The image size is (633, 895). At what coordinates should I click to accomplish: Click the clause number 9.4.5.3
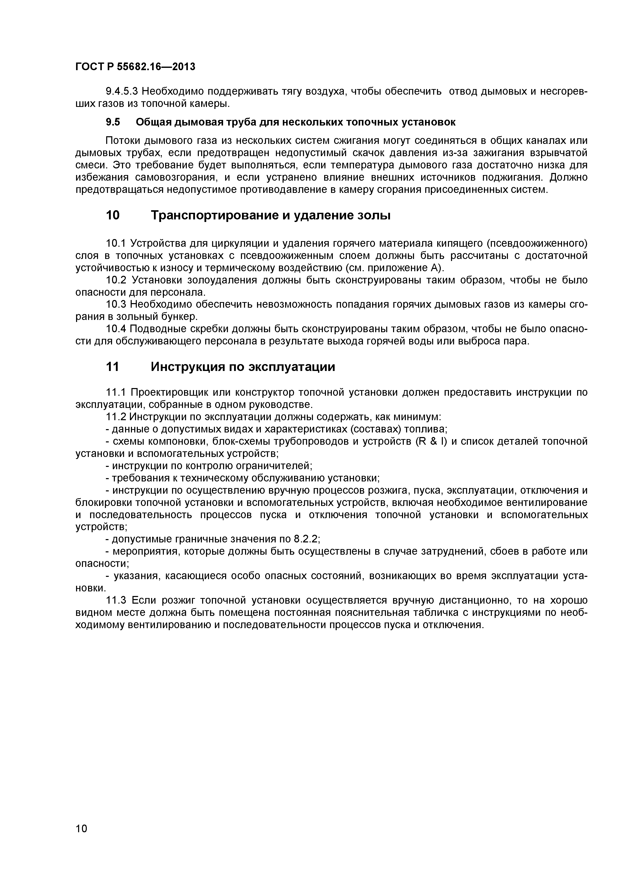[x=122, y=92]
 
